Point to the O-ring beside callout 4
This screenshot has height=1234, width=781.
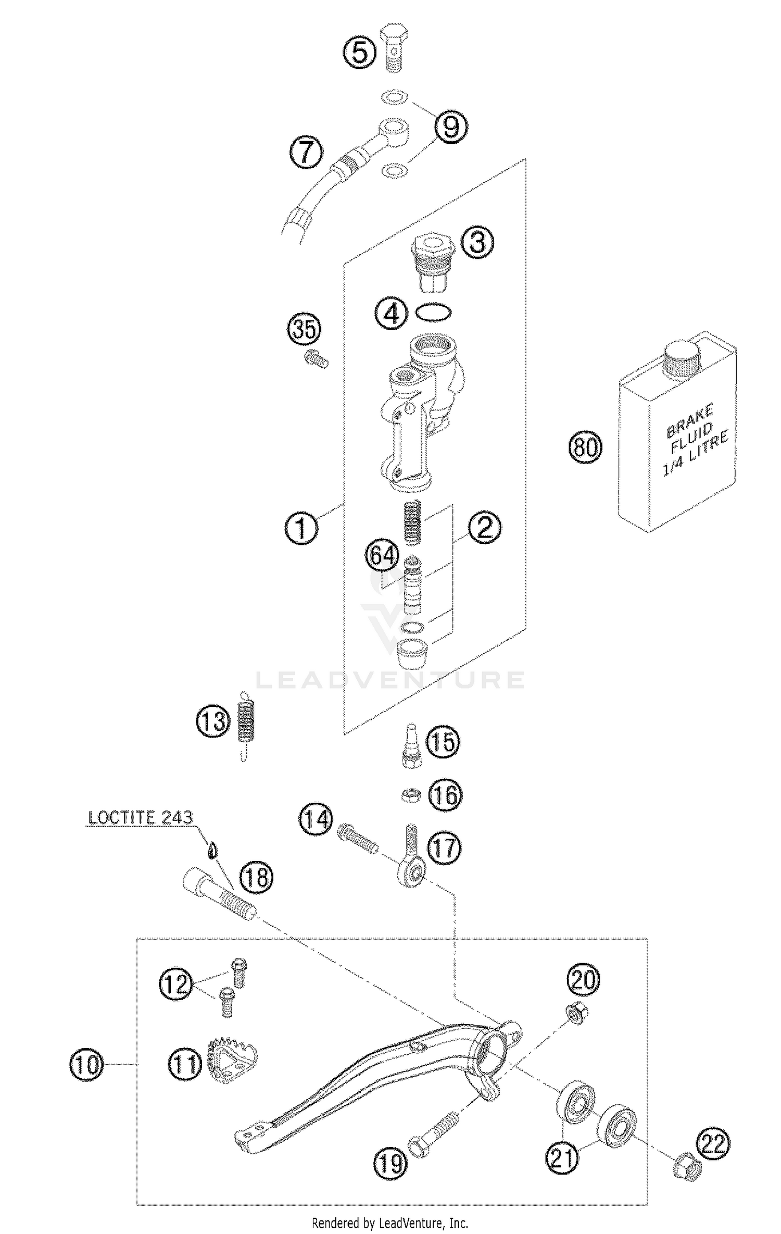point(433,313)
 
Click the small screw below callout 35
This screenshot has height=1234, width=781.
point(316,359)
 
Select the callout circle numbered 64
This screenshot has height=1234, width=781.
point(382,556)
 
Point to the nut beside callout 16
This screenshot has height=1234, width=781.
point(411,795)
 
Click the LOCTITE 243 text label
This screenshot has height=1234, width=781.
point(140,817)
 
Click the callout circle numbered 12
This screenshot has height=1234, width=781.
point(176,984)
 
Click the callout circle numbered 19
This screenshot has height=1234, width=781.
point(391,1163)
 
